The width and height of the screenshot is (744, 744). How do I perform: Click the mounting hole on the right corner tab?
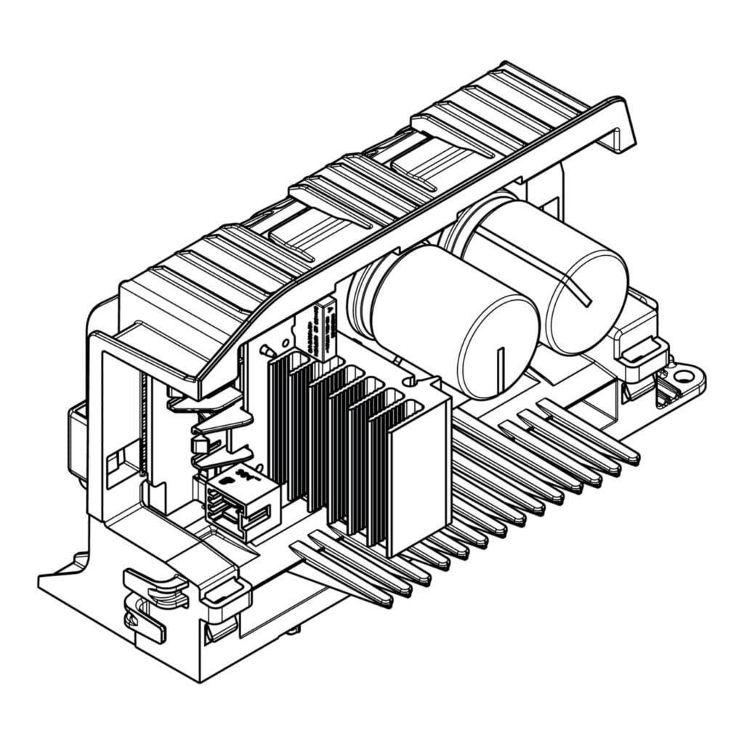(683, 376)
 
